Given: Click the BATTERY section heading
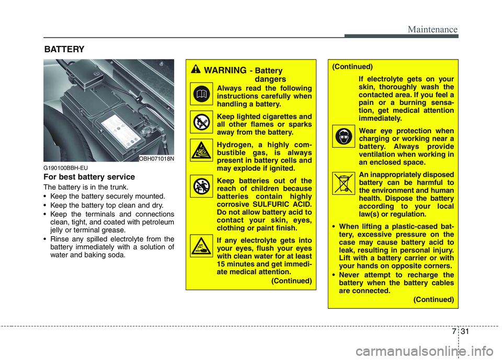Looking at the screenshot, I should (x=63, y=49).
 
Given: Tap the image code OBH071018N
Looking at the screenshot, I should (x=156, y=158).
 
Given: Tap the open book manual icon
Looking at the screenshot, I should (x=201, y=94).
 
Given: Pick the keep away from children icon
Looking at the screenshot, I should (x=201, y=186).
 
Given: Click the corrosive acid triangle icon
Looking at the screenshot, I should (x=201, y=246).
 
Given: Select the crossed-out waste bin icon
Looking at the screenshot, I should (x=343, y=184).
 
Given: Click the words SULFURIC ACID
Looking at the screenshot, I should (x=286, y=204).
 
